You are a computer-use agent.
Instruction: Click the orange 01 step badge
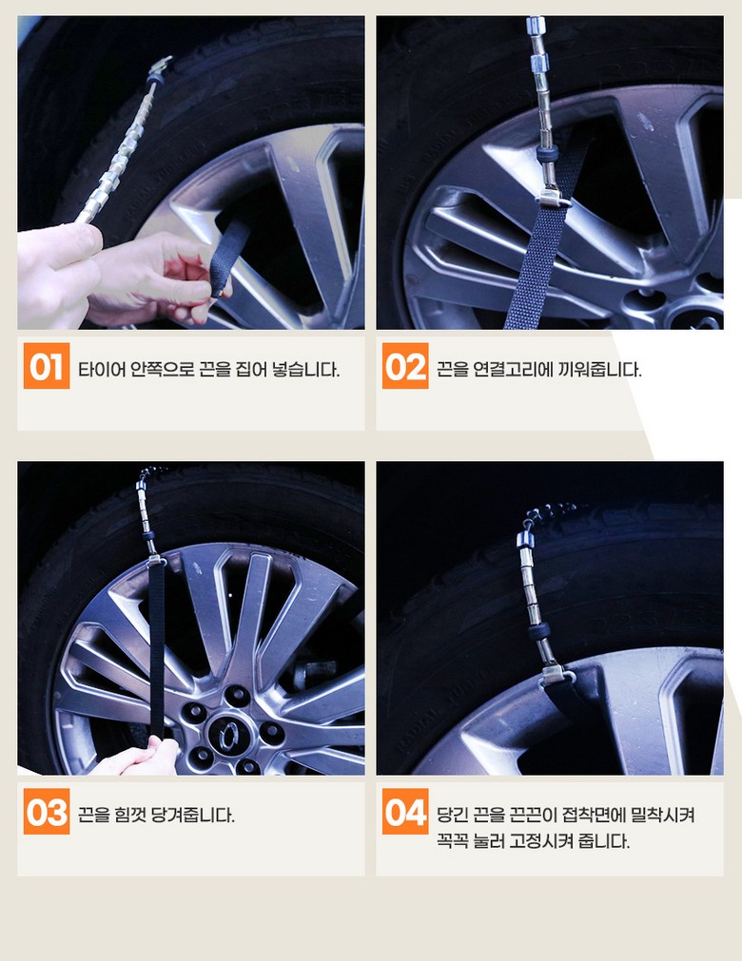click(x=47, y=366)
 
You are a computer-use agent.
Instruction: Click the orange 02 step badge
click(x=405, y=366)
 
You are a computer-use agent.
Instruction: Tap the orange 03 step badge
click(x=47, y=812)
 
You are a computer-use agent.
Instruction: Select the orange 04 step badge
click(x=405, y=812)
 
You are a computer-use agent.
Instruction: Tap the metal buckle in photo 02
click(x=554, y=198)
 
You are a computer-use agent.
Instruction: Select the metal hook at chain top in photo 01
click(x=159, y=67)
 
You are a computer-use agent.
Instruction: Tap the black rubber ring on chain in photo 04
click(x=539, y=631)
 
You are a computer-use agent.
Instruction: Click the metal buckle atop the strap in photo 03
click(x=156, y=560)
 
